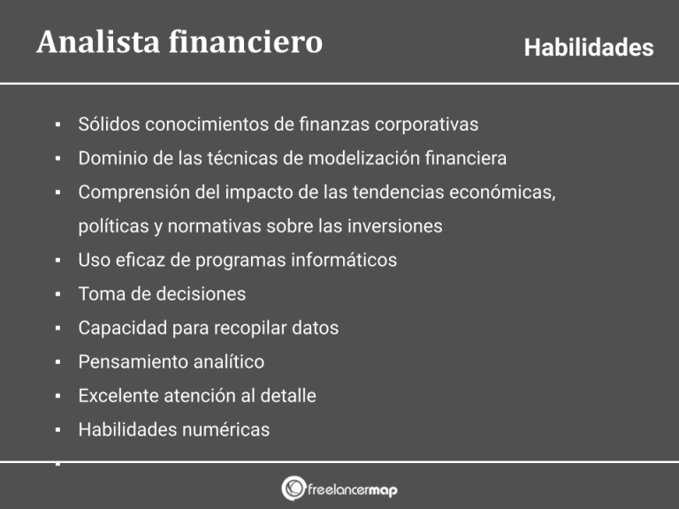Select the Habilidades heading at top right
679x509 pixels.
(x=588, y=48)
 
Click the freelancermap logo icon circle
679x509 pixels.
(x=294, y=489)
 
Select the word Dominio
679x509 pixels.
(x=111, y=158)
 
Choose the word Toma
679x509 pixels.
(x=99, y=293)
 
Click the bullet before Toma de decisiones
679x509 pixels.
(x=57, y=294)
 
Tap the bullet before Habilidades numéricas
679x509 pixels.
(x=57, y=430)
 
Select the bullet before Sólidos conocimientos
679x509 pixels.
(x=57, y=125)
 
